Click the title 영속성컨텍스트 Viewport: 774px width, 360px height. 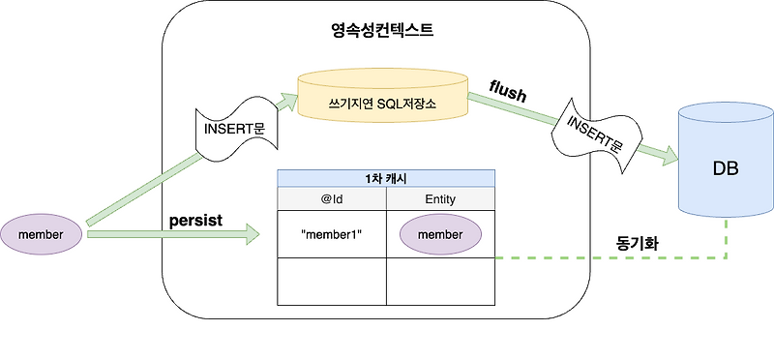click(x=382, y=30)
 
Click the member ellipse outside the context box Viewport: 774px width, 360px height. click(x=41, y=235)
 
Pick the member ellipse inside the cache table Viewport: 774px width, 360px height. click(x=440, y=234)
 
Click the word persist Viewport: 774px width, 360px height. click(x=195, y=220)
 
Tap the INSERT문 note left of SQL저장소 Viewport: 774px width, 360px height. click(x=231, y=130)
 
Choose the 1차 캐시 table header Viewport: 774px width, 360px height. click(x=386, y=178)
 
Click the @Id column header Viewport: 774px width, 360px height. click(x=332, y=198)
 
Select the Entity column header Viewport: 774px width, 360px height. click(x=440, y=198)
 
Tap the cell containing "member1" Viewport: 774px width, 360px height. click(x=332, y=234)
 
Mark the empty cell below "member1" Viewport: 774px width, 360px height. click(x=332, y=282)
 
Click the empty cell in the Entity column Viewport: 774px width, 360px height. click(x=440, y=282)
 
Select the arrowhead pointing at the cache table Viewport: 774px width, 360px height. click(x=253, y=233)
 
